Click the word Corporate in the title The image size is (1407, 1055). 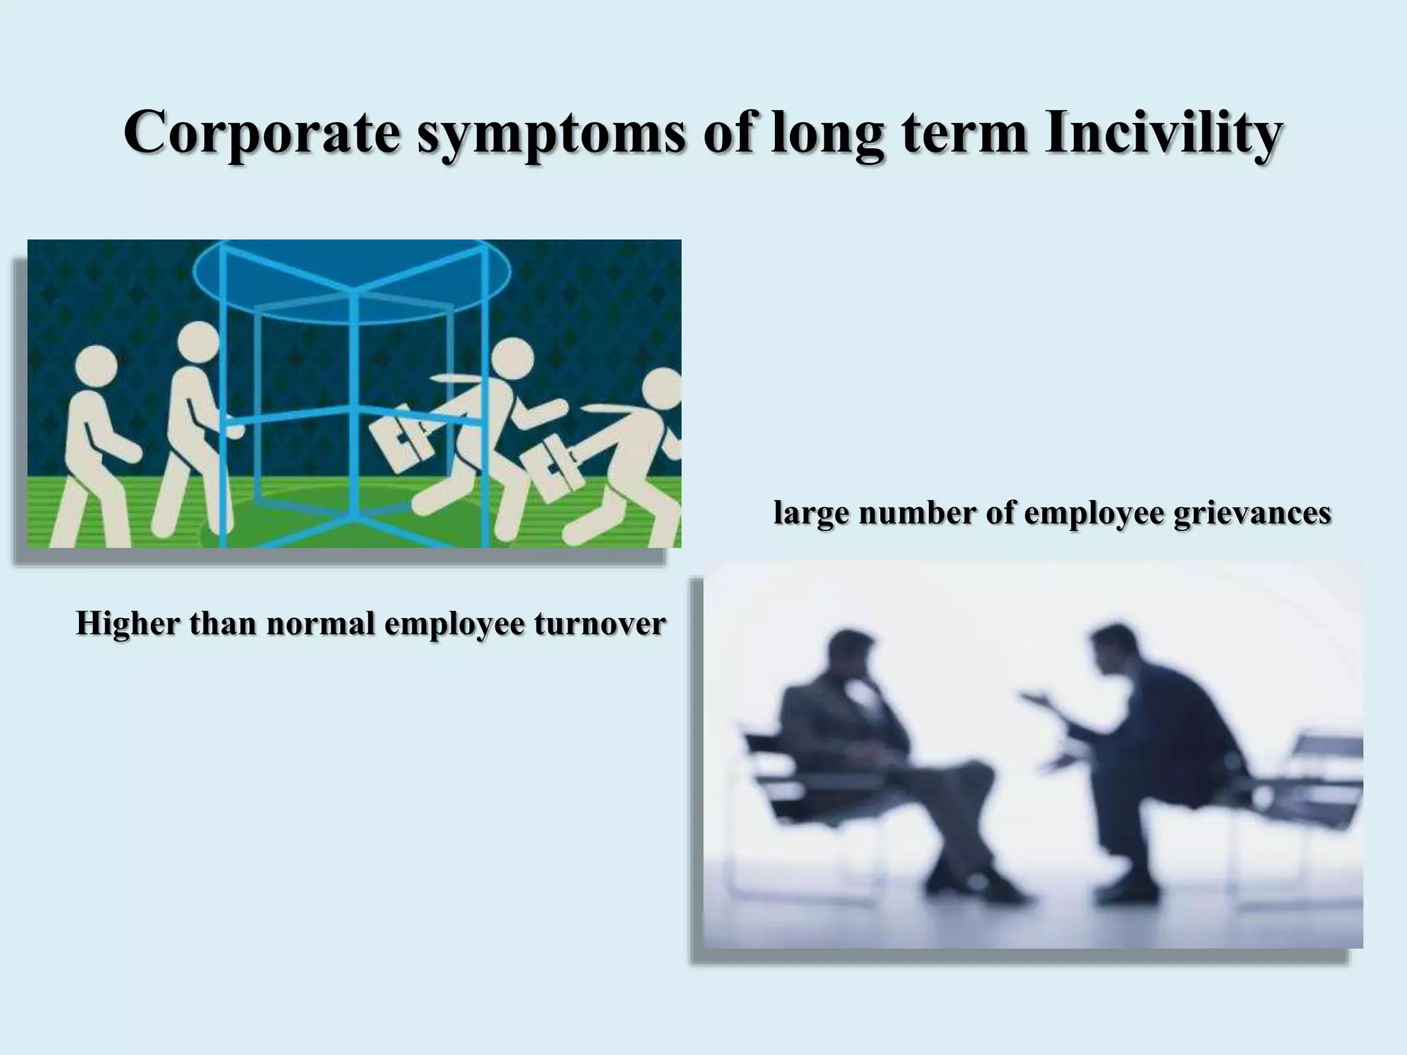[x=261, y=132]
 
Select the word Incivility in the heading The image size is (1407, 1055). [x=1161, y=133]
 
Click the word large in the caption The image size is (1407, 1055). [x=811, y=514]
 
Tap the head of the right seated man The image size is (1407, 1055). [x=1112, y=649]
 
